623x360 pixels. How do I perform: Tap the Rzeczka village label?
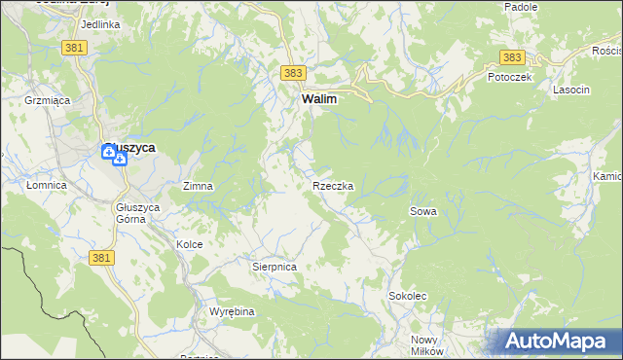point(333,185)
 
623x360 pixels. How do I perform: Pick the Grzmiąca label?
point(43,99)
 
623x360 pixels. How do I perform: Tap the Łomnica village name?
point(47,185)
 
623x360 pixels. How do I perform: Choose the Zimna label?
point(199,185)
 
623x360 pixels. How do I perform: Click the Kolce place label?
point(189,244)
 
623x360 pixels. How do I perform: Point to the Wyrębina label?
point(232,311)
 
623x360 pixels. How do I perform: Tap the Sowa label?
point(422,211)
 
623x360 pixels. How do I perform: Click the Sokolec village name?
point(408,295)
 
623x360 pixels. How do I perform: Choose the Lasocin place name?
point(571,90)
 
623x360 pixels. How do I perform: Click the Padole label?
point(521,7)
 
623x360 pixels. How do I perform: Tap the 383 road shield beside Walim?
point(292,73)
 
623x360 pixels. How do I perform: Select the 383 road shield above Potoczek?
point(513,58)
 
